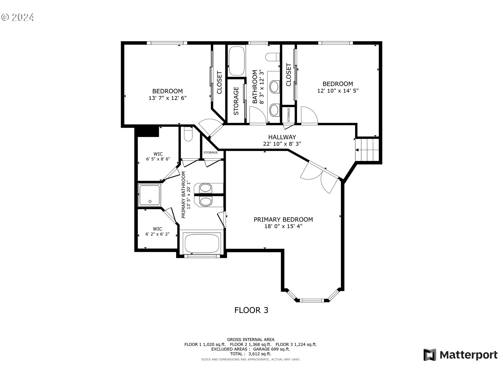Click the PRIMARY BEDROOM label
click(283, 219)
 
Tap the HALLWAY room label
click(282, 137)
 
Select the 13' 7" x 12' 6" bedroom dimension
click(167, 98)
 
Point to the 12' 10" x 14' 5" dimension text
click(338, 91)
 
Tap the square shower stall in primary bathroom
click(150, 195)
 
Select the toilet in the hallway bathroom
click(272, 57)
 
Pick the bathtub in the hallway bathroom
click(237, 61)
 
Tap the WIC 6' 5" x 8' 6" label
click(158, 156)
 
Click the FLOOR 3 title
click(251, 310)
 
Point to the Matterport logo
click(460, 355)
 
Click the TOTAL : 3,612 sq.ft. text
click(251, 354)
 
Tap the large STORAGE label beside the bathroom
click(236, 101)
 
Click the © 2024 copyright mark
click(18, 17)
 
